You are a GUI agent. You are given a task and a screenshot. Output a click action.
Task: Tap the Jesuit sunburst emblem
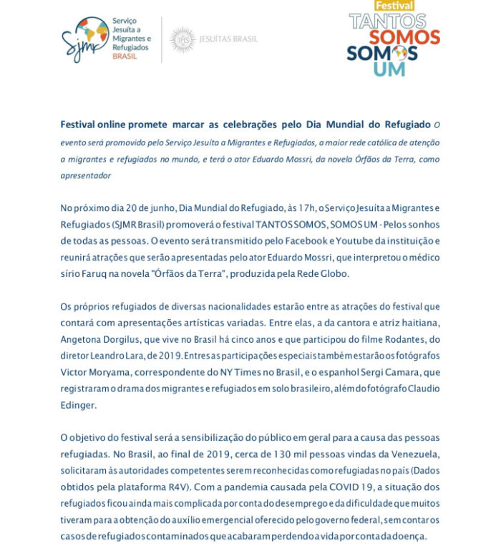pos(183,39)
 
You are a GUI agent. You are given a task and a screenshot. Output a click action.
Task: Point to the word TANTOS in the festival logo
pos(386,21)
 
